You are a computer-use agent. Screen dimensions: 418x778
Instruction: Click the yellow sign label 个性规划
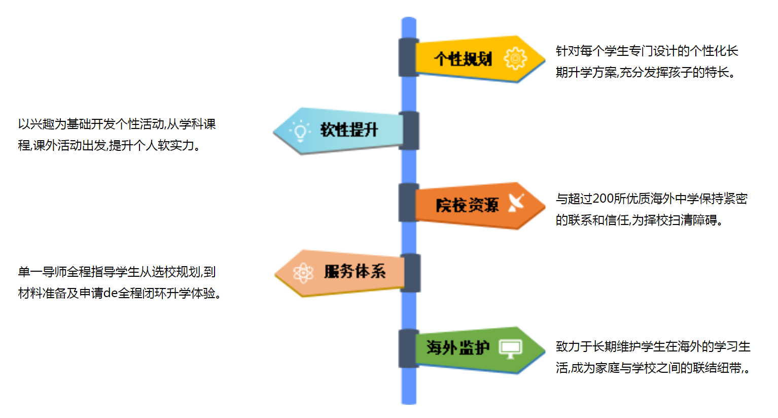click(x=463, y=59)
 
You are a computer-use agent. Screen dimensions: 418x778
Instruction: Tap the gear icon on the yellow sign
click(x=515, y=59)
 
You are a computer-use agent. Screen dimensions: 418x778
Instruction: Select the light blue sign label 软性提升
click(x=349, y=130)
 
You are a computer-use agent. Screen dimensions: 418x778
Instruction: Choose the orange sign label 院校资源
click(x=467, y=205)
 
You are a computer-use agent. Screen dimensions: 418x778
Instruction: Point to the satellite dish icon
click(x=516, y=203)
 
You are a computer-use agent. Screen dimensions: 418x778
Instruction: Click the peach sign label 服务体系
click(x=355, y=272)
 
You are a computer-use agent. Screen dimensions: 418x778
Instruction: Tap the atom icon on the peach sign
click(x=303, y=273)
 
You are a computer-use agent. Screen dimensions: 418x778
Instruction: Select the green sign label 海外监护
click(x=458, y=348)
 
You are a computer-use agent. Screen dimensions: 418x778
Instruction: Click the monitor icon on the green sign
click(x=510, y=348)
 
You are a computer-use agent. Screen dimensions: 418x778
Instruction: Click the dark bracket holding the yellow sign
click(x=408, y=57)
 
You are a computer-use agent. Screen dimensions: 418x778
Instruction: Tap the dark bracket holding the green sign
click(x=408, y=348)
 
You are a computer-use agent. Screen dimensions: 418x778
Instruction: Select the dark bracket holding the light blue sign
click(x=410, y=131)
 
